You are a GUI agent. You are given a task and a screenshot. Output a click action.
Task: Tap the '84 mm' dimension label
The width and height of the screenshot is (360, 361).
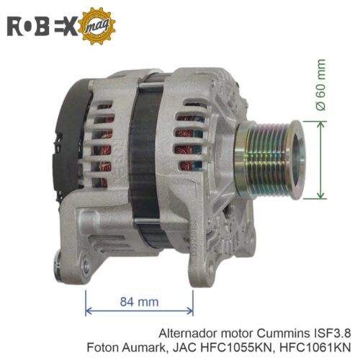pos(139,302)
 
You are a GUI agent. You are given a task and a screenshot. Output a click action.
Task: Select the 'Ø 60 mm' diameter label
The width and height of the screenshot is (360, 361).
pos(321,84)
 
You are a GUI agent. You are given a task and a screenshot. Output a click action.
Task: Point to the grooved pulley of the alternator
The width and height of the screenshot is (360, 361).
pos(270,160)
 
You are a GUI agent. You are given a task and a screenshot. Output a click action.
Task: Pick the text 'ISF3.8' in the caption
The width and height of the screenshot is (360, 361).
pos(332,334)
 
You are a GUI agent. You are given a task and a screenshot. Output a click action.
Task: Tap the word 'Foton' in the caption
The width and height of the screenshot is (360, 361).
pos(103,347)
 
